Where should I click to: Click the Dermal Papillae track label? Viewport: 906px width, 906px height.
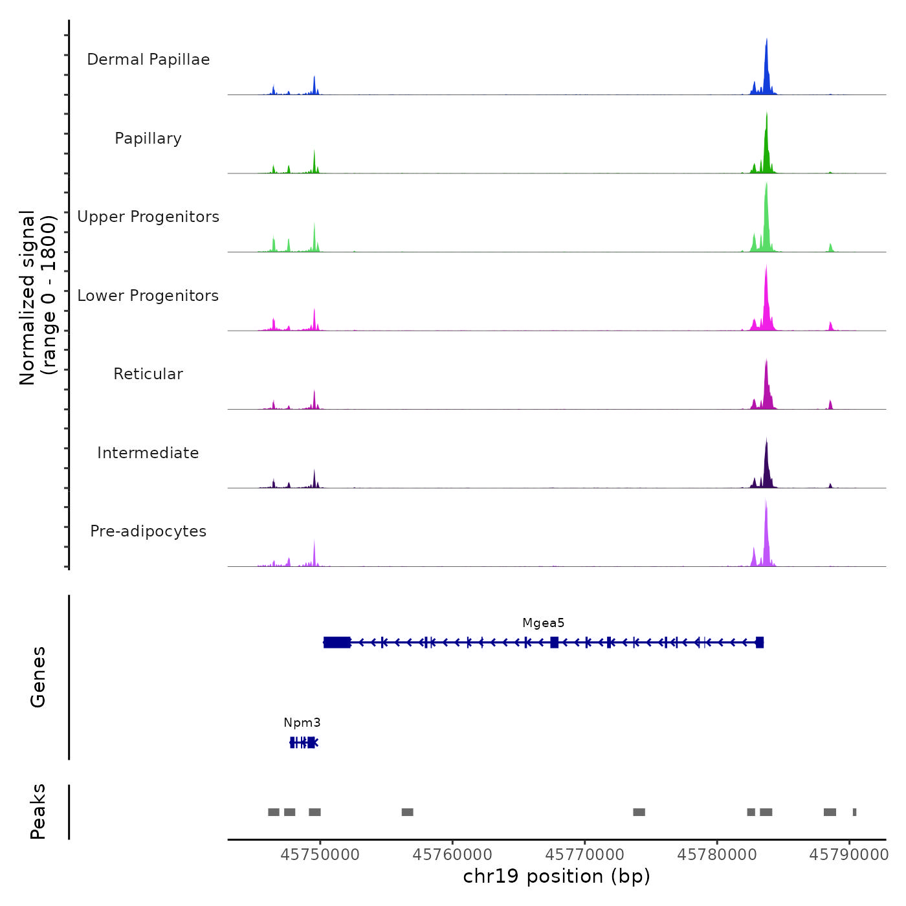tap(148, 60)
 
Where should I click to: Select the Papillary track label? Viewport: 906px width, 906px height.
tap(148, 138)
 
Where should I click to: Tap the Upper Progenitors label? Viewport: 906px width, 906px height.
tap(148, 217)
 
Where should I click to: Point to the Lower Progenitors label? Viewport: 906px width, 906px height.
tap(148, 296)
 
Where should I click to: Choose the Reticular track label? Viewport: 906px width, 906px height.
tap(148, 374)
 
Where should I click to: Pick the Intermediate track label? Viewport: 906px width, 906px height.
tap(148, 453)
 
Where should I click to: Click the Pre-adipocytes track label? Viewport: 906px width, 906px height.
tap(148, 531)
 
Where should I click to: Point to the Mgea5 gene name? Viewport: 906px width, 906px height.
tap(544, 623)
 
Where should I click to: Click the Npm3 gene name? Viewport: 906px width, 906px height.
tap(302, 723)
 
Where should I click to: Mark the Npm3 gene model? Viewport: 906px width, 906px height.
tap(304, 742)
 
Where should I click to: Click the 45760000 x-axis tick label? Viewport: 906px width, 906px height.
tap(452, 855)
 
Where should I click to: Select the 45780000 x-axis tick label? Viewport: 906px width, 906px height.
tap(717, 855)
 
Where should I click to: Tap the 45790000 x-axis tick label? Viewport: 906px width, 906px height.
tap(849, 855)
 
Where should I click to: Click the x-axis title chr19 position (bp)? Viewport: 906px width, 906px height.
tap(557, 876)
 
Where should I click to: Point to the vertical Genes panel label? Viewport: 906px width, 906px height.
tap(38, 677)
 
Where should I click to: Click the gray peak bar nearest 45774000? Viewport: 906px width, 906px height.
tap(639, 812)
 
